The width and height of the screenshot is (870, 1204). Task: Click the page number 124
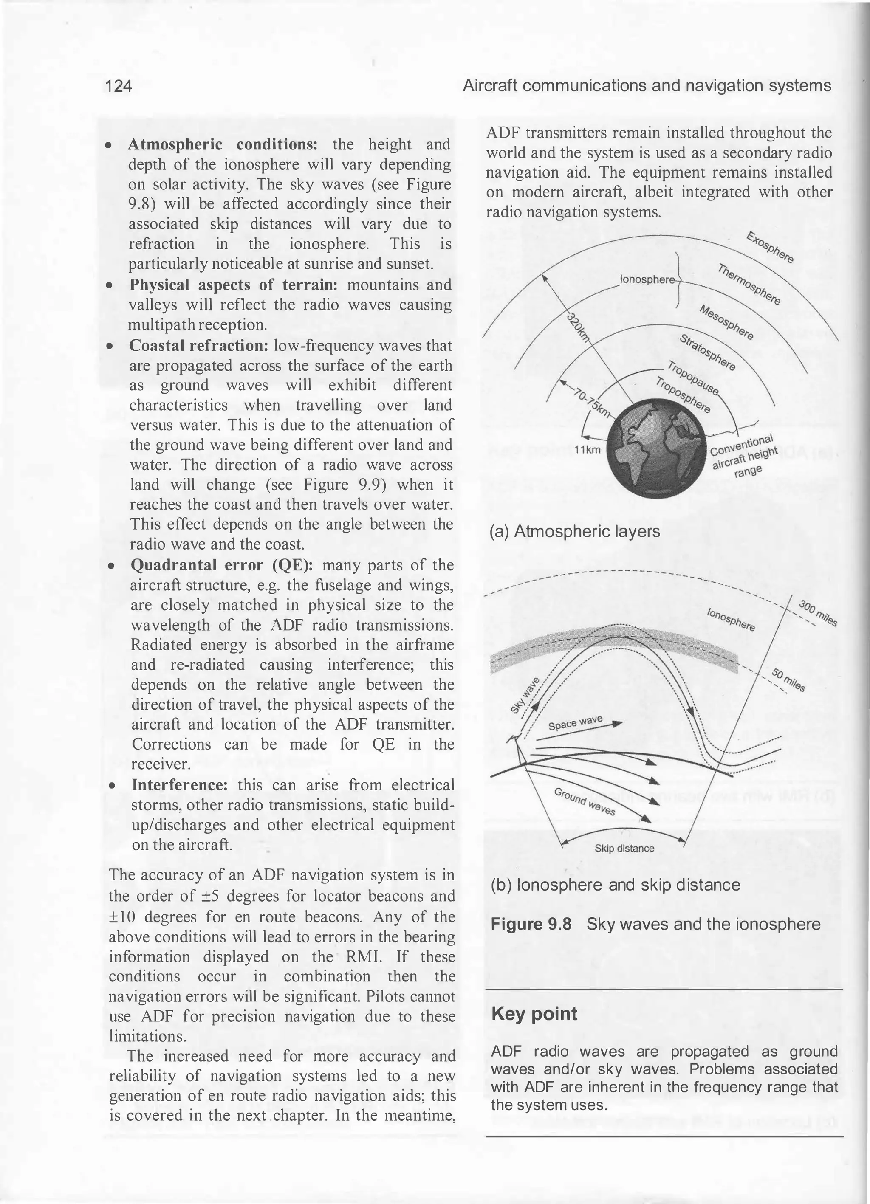pos(119,86)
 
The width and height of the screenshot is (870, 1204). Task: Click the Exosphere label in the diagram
pos(770,247)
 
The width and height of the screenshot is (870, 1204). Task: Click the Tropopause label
pos(692,378)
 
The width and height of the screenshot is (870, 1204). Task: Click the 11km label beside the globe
pos(587,450)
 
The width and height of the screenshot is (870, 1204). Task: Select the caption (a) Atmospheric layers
pos(574,531)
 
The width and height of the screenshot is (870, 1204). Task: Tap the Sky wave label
pos(525,696)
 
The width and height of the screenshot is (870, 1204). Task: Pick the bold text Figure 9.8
pos(531,924)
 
